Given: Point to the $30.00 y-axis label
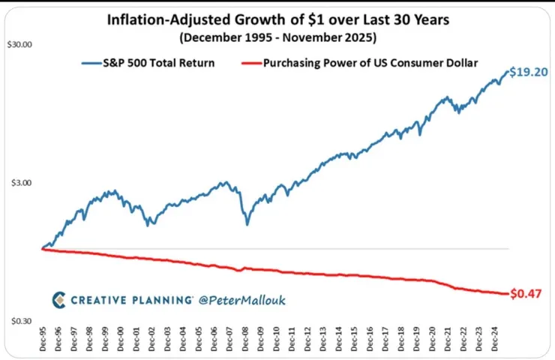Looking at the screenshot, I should pyautogui.click(x=19, y=44).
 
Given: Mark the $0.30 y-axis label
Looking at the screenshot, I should pyautogui.click(x=19, y=321).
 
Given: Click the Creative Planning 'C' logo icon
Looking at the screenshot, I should pyautogui.click(x=58, y=300).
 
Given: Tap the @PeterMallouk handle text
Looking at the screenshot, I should pyautogui.click(x=242, y=300).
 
